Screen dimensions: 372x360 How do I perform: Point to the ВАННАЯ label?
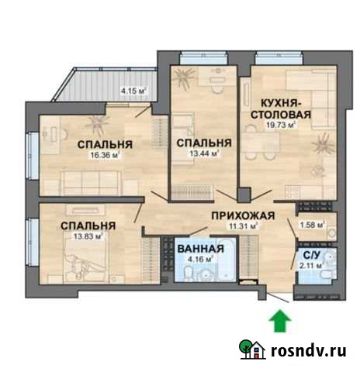click(201, 249)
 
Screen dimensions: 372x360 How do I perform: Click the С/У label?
click(311, 254)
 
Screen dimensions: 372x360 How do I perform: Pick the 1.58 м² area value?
click(312, 226)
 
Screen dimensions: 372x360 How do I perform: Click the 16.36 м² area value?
click(103, 155)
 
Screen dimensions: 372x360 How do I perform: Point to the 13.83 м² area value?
click(88, 236)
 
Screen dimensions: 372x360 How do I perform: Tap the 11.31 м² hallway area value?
click(244, 227)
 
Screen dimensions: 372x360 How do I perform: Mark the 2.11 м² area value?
click(311, 266)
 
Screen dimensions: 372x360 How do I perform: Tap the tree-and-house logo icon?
click(251, 350)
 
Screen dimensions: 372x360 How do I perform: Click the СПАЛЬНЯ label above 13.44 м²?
click(203, 143)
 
